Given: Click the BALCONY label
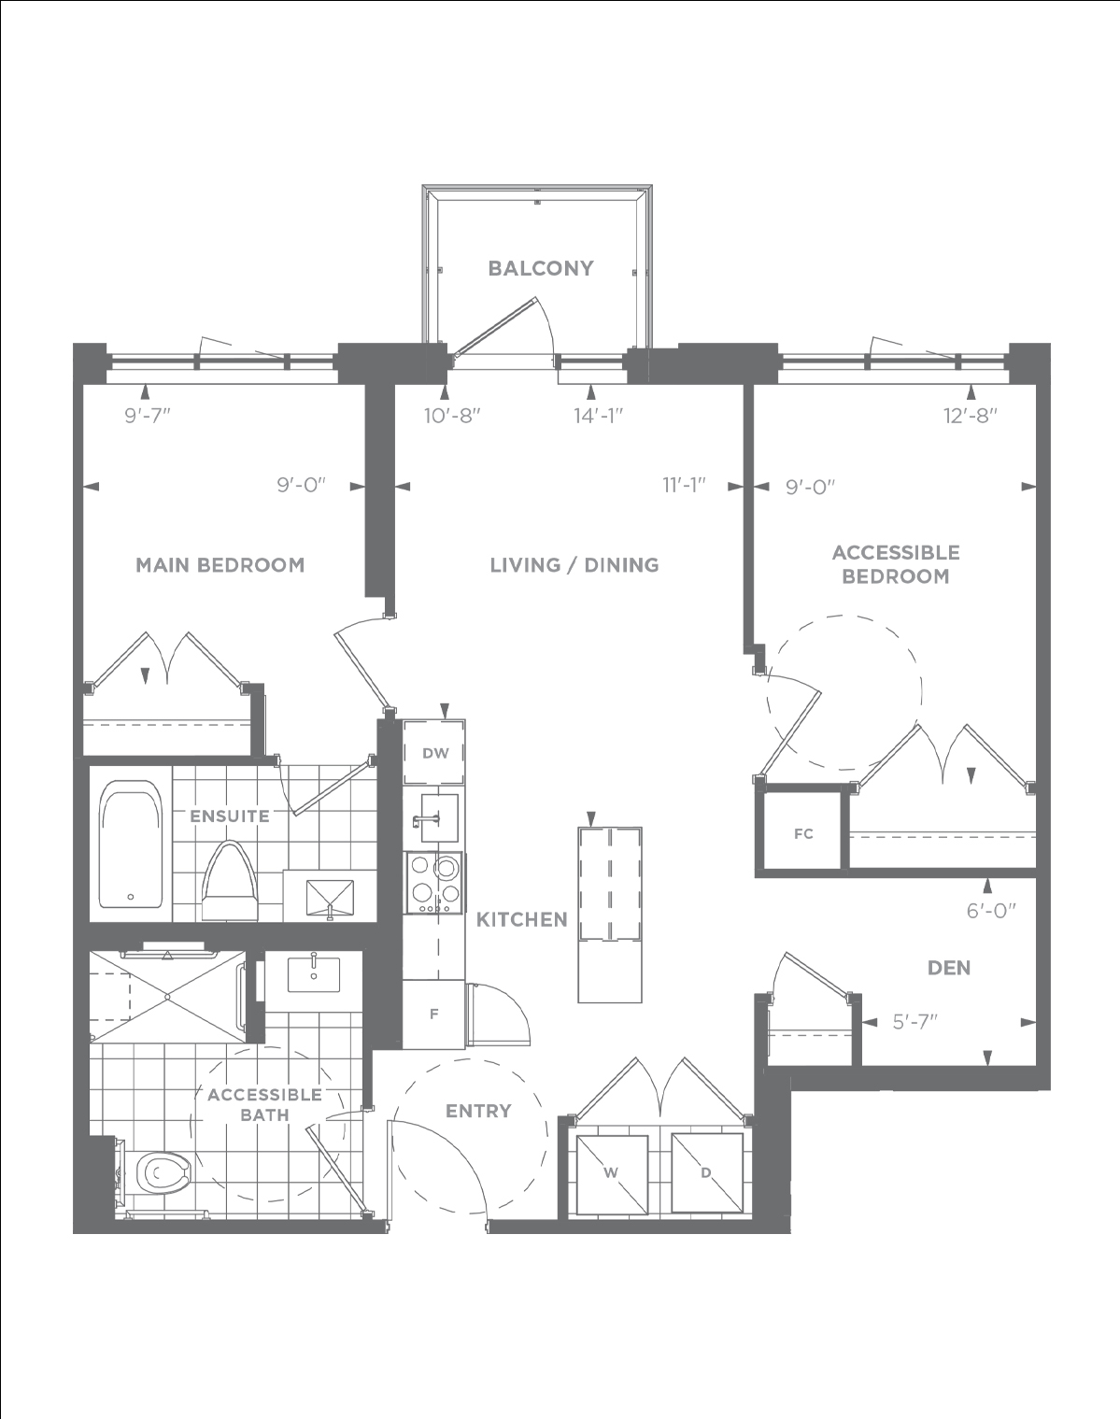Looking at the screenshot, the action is (541, 268).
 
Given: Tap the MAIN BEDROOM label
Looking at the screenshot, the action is (220, 565).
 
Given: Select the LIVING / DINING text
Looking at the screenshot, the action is (574, 565).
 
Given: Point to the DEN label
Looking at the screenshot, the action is (949, 968).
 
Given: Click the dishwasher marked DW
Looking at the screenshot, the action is (434, 752).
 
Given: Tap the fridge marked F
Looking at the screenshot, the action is (433, 1015).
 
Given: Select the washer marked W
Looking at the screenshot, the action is (612, 1174).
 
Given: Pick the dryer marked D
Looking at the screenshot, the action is (707, 1173).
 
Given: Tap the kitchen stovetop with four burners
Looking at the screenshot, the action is (433, 883).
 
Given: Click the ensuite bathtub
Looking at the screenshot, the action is (131, 844).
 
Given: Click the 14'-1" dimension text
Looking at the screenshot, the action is (599, 416).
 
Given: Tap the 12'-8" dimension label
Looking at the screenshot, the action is (971, 416).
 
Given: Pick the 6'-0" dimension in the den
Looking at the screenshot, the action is (991, 911).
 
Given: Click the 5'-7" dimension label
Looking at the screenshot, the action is (915, 1022).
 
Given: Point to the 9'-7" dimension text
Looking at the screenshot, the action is (148, 416).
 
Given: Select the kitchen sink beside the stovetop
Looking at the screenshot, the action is (439, 818).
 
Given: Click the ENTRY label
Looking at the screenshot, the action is (479, 1111).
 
